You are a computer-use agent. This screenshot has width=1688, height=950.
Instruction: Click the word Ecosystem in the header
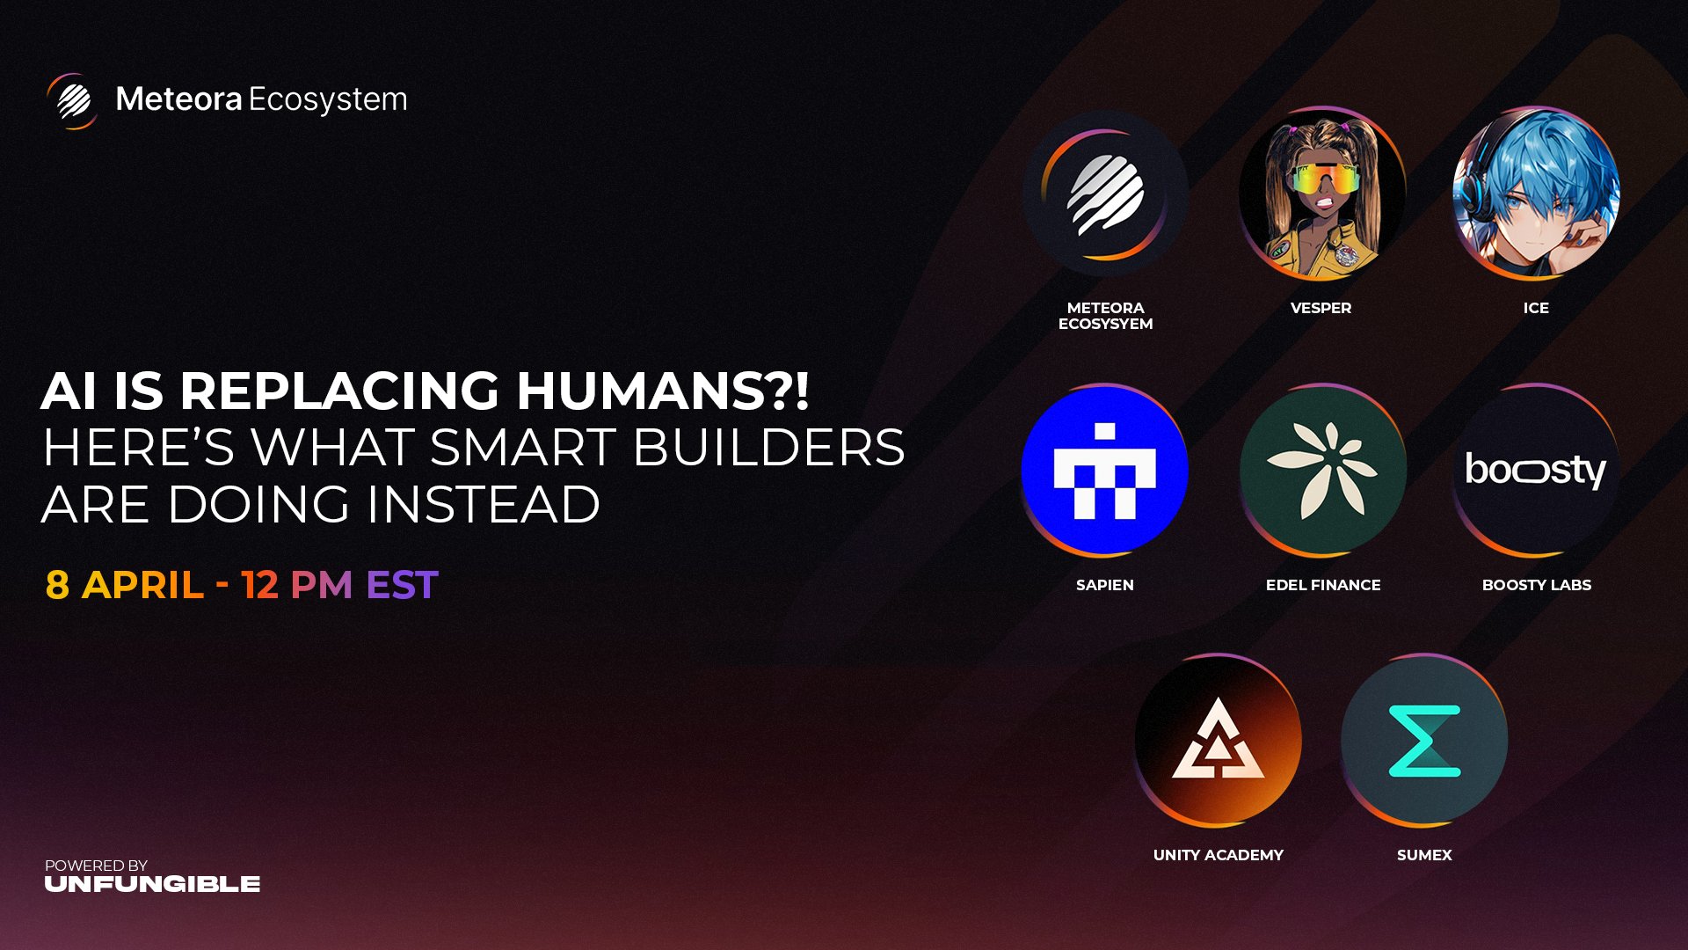[x=328, y=100]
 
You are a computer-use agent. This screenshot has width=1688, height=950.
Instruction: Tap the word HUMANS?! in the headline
[x=662, y=391]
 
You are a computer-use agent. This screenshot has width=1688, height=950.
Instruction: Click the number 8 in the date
[x=57, y=585]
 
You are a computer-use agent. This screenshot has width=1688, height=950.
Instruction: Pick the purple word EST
[x=402, y=585]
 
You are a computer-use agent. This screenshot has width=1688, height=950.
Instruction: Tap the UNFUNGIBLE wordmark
[x=152, y=884]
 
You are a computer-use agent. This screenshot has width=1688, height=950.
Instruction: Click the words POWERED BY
[x=96, y=866]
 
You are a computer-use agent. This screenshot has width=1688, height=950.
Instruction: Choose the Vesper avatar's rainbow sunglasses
[x=1321, y=180]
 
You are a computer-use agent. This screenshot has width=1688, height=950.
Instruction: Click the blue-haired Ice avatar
[x=1535, y=193]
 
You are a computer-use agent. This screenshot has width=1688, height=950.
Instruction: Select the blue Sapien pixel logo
[x=1105, y=470]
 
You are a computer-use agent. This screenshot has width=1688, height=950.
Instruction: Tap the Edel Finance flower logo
[x=1322, y=470]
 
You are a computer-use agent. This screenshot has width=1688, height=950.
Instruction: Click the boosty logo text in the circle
[x=1535, y=470]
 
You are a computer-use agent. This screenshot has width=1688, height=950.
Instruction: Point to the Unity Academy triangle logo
[x=1218, y=741]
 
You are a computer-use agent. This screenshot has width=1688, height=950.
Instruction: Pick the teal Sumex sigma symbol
[x=1424, y=741]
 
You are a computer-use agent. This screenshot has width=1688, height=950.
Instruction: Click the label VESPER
[x=1321, y=308]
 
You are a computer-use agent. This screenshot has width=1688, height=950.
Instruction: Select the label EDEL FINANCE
[x=1322, y=585]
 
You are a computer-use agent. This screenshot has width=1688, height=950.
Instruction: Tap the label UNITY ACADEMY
[x=1218, y=855]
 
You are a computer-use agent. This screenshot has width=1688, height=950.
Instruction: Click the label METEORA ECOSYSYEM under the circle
[x=1105, y=316]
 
